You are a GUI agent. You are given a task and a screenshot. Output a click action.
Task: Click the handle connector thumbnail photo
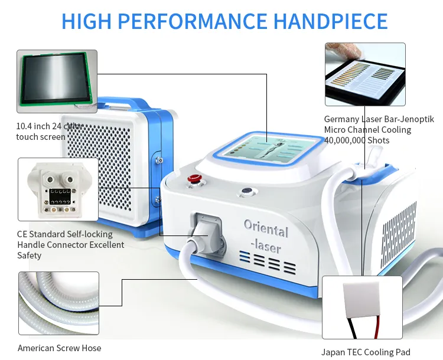click(58, 189)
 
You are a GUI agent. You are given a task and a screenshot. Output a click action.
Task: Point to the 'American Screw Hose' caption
click(59, 348)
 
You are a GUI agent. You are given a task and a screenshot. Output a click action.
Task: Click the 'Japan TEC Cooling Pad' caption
click(366, 352)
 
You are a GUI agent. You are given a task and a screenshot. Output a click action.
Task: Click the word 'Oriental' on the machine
click(266, 229)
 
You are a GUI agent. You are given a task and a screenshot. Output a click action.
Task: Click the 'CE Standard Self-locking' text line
click(65, 234)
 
